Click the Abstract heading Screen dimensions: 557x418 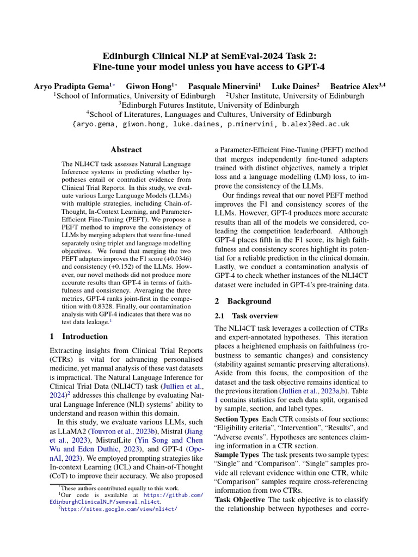(x=126, y=150)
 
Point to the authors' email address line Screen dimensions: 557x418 (x=211, y=124)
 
